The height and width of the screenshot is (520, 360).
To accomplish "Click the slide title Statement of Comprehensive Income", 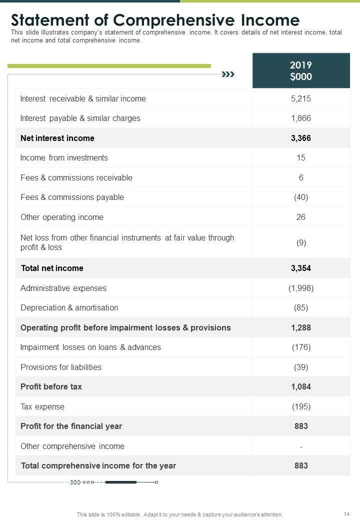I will click(155, 20).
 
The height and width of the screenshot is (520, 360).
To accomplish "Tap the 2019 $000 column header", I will click(300, 71).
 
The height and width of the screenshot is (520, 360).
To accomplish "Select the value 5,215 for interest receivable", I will click(300, 98).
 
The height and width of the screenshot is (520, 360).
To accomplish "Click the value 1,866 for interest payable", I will click(300, 118).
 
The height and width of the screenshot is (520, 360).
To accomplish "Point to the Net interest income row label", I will click(57, 138).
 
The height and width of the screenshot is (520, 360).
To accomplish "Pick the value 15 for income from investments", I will click(300, 158).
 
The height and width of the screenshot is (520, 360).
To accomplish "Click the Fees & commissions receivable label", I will click(76, 177).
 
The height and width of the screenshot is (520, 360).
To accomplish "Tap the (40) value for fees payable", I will click(300, 197).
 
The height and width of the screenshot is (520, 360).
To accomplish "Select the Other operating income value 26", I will click(300, 217).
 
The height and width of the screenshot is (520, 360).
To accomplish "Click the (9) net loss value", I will click(300, 242).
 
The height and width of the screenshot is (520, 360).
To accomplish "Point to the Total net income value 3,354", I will click(300, 268).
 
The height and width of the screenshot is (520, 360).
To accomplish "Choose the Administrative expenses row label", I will click(63, 288).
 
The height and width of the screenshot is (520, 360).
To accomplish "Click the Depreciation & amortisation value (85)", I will click(300, 308).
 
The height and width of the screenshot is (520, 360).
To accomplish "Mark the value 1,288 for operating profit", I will click(300, 327).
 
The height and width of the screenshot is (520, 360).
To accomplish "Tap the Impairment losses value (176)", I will click(300, 347).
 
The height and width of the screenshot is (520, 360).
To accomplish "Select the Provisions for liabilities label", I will click(61, 367).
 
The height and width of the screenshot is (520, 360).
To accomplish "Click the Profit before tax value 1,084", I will click(300, 386).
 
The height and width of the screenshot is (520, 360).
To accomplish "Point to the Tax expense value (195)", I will click(300, 406).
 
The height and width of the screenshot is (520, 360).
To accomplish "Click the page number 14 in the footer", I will click(346, 514).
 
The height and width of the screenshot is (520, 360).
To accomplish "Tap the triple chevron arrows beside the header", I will click(228, 74).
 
